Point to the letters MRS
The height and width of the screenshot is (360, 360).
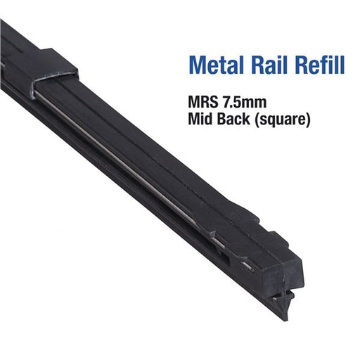click(x=202, y=103)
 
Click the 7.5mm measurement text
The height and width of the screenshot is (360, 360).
click(x=244, y=103)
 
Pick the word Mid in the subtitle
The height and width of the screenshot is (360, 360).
click(x=200, y=119)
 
